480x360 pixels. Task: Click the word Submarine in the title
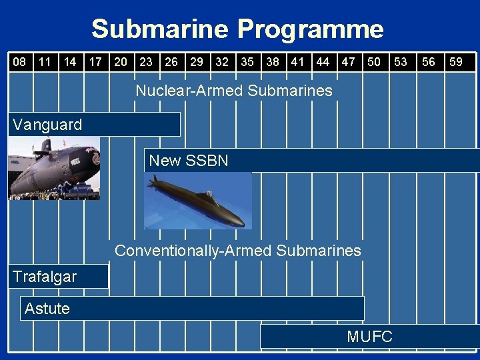(x=160, y=30)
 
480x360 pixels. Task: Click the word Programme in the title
(x=311, y=30)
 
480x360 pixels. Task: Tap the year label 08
(x=20, y=62)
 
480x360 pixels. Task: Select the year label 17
(x=95, y=62)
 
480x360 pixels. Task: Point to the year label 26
(x=171, y=62)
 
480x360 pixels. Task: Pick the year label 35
(x=247, y=62)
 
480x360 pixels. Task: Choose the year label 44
(x=323, y=62)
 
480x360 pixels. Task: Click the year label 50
(x=375, y=62)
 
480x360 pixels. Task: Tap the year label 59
(x=456, y=62)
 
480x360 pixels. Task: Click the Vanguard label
(x=47, y=125)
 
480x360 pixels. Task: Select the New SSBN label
(x=189, y=161)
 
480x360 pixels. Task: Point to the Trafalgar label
(x=45, y=277)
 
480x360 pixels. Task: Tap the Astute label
(x=47, y=308)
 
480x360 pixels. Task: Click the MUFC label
(x=369, y=337)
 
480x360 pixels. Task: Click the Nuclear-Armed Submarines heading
(x=233, y=91)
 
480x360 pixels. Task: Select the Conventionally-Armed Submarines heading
(x=238, y=251)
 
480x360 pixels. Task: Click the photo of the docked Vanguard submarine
(x=53, y=168)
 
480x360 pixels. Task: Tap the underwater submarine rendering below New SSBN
(x=198, y=200)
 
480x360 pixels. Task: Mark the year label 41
(x=297, y=62)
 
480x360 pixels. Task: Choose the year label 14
(x=70, y=62)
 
